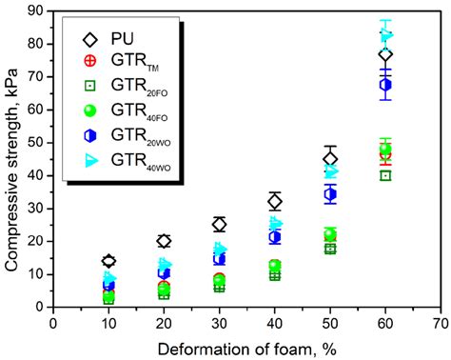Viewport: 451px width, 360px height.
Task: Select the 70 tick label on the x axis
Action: click(440, 323)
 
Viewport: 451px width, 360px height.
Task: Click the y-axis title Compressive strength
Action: click(13, 157)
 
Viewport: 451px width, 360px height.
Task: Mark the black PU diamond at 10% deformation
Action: click(108, 261)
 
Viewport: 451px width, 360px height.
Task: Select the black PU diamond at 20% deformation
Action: click(164, 241)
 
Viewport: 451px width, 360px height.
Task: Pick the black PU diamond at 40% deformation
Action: click(275, 201)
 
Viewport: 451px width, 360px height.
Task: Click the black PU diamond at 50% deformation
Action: click(330, 159)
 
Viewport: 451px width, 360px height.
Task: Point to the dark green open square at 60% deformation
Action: click(385, 175)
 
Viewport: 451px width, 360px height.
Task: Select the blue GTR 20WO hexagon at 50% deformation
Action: click(330, 194)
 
